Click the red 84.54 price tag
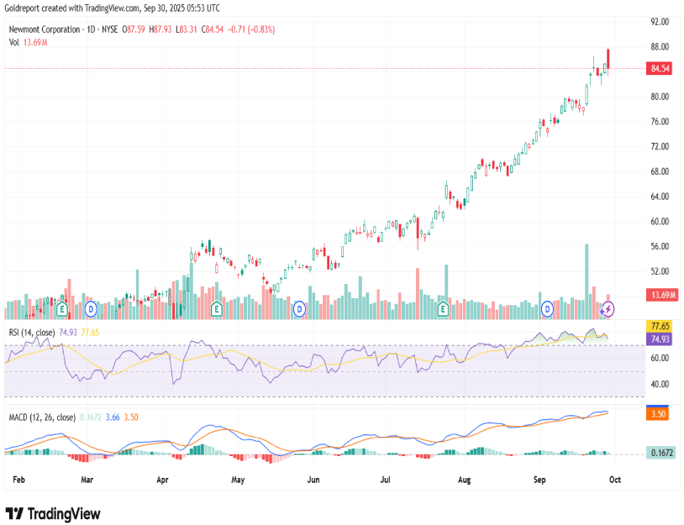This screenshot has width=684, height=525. pyautogui.click(x=660, y=69)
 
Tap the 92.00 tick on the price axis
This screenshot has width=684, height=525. pyautogui.click(x=660, y=21)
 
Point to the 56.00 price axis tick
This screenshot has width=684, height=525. pyautogui.click(x=660, y=246)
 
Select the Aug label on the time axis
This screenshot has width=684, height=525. pyautogui.click(x=464, y=480)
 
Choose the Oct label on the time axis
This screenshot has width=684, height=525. pyautogui.click(x=614, y=480)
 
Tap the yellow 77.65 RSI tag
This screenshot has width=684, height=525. pyautogui.click(x=660, y=326)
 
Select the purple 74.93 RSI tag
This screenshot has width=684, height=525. pyautogui.click(x=660, y=339)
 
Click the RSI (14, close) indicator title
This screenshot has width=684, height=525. pyautogui.click(x=31, y=333)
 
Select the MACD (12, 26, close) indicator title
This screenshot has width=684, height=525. pyautogui.click(x=42, y=417)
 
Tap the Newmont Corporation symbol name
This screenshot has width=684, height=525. pyautogui.click(x=43, y=29)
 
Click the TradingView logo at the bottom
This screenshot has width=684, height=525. pyautogui.click(x=53, y=513)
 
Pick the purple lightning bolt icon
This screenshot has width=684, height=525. pyautogui.click(x=608, y=309)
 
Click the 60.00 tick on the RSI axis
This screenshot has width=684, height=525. pyautogui.click(x=659, y=358)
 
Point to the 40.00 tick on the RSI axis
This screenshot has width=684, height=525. pyautogui.click(x=659, y=384)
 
